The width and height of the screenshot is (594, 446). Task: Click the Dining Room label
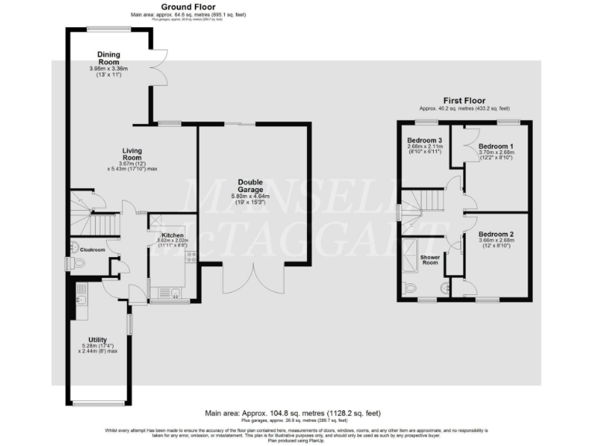pos(108,58)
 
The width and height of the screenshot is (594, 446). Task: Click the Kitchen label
pos(172,235)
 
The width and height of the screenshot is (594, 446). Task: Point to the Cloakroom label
pos(93,250)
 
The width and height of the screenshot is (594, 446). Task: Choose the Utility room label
pos(97,340)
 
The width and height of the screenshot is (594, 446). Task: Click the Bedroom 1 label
pos(496,146)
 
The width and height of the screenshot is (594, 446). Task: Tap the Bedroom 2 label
pos(496,234)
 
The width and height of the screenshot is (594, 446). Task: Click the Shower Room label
pos(429,259)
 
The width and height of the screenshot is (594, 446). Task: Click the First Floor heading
pos(464,101)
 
